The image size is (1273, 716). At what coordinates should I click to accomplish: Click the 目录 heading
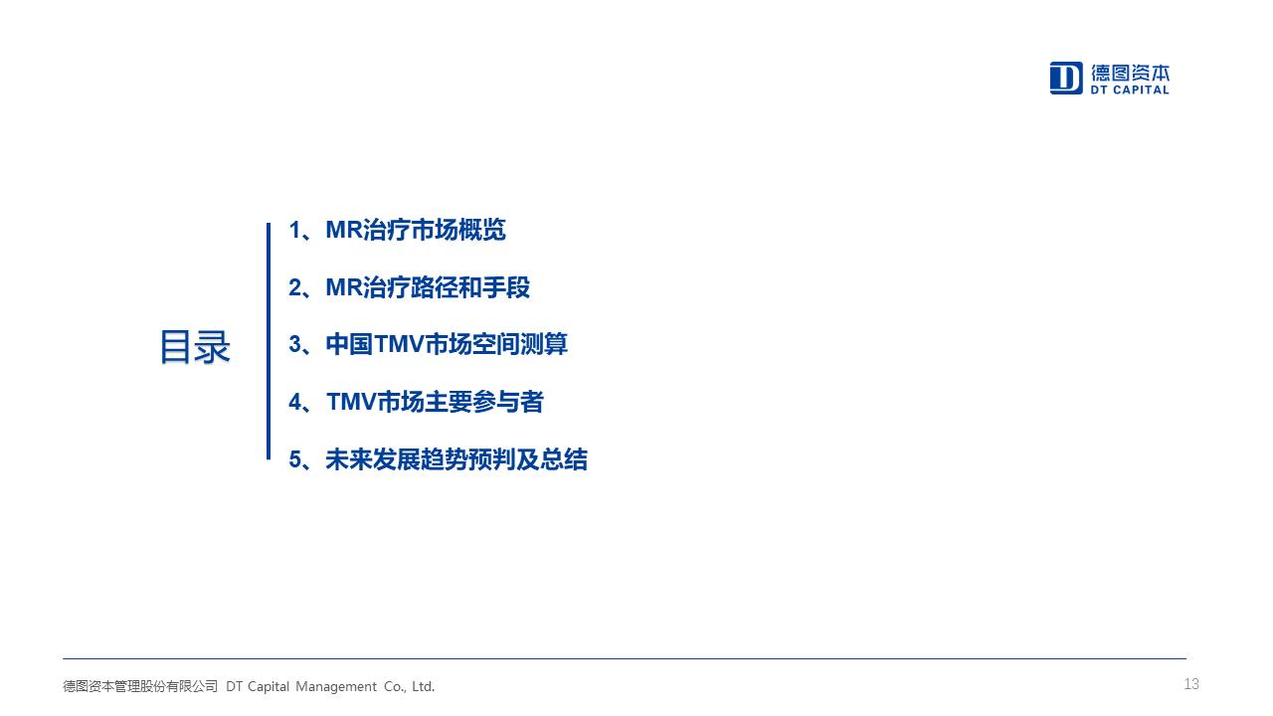pos(194,347)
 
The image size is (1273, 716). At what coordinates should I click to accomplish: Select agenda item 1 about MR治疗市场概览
pos(397,230)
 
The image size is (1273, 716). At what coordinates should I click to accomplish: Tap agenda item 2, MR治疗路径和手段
pos(409,287)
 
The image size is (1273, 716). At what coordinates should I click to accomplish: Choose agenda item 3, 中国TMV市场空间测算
pos(428,344)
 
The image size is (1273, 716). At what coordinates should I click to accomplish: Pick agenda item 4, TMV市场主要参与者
pos(416,402)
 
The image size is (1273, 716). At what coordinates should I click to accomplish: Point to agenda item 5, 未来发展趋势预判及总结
pos(439,459)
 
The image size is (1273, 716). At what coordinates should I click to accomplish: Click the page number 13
pos(1191,684)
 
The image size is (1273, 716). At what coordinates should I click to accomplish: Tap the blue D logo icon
pos(1066,78)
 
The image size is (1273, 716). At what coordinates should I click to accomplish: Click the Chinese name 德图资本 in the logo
pos(1130,73)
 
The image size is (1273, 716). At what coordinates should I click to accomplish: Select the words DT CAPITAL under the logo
pos(1130,89)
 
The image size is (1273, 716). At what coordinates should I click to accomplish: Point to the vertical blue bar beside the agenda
pos(269,341)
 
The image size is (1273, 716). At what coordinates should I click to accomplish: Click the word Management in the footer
pos(336,686)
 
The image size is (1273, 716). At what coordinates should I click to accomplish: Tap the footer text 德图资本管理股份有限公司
pos(140,686)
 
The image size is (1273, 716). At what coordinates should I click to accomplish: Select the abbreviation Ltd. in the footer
pos(424,686)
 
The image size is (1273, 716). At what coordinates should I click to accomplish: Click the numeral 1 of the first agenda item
pos(294,230)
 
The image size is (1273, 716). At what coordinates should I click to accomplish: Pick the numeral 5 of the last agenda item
pos(295,459)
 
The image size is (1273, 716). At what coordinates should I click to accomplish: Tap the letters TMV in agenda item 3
pos(400,344)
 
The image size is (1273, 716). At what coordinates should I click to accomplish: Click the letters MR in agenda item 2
pos(344,287)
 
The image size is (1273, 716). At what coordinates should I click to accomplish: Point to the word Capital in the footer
pos(269,686)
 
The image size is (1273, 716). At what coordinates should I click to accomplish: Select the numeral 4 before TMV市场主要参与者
pos(295,403)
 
